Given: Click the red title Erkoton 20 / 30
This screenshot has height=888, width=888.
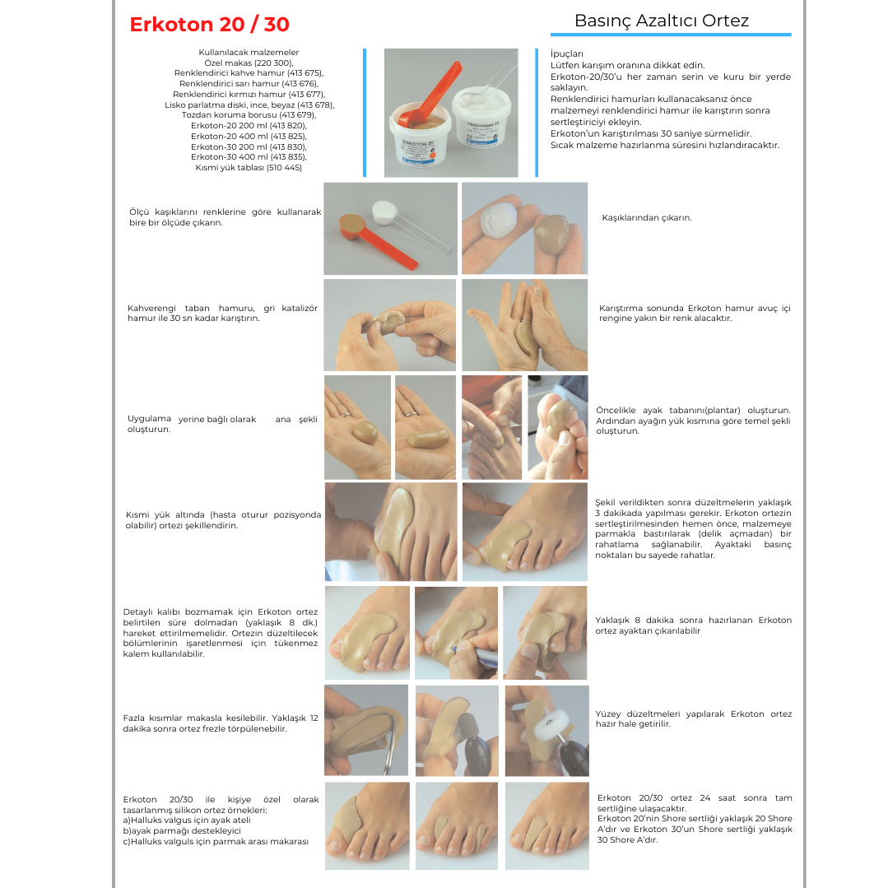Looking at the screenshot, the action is [x=209, y=25].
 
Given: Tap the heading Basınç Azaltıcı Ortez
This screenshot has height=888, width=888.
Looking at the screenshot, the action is [x=662, y=21].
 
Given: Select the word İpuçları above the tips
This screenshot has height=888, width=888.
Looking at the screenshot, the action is [x=566, y=53].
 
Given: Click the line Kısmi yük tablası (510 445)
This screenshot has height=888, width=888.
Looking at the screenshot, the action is [x=249, y=168].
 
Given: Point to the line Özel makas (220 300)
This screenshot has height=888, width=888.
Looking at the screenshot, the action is [x=249, y=63].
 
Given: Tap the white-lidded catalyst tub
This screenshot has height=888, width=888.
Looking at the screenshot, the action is [x=485, y=116].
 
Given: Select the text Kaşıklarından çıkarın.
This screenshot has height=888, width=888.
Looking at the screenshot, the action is [x=647, y=218].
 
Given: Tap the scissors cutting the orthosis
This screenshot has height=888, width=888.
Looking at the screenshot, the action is [x=385, y=746].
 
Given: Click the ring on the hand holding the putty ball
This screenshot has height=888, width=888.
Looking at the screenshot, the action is [x=346, y=415].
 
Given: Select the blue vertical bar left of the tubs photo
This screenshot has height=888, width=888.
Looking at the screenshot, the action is [x=365, y=113].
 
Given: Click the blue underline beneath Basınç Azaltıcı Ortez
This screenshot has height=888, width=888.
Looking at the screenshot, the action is [x=671, y=35].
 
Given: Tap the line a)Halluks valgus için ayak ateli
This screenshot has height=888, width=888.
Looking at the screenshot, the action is [x=187, y=820].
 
